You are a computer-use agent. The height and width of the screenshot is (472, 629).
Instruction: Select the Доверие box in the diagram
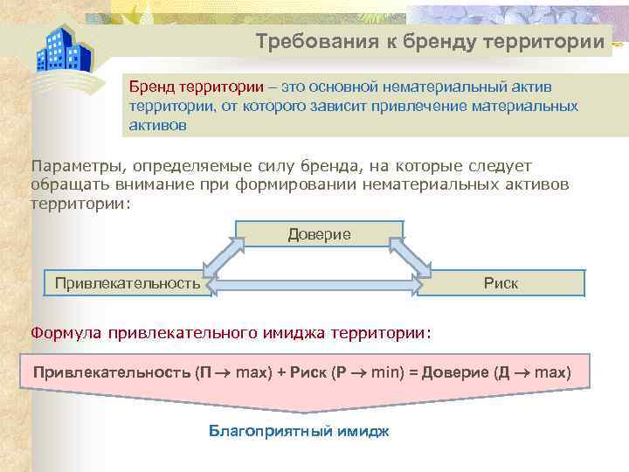point(320,234)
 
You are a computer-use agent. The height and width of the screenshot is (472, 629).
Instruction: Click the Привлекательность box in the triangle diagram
point(128,283)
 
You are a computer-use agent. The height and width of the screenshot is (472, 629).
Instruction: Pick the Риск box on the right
point(501,283)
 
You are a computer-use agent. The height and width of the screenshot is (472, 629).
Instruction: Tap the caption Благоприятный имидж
point(299,431)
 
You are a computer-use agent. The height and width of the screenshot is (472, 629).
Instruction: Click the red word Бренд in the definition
point(148,87)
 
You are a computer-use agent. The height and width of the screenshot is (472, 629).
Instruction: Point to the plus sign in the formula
point(281,372)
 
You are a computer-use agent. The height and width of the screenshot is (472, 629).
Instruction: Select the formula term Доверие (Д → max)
point(496,372)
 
